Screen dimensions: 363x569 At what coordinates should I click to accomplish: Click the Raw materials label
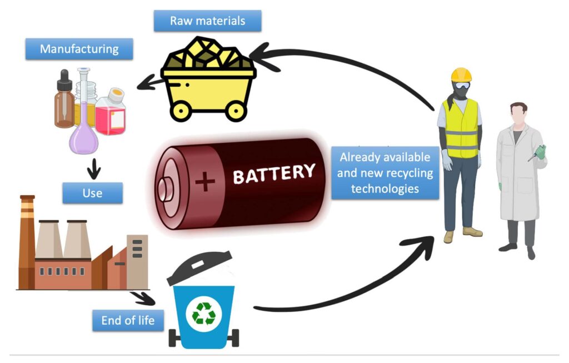(208, 21)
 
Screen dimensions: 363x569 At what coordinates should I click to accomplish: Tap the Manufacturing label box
(79, 49)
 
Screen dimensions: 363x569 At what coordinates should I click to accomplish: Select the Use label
(92, 193)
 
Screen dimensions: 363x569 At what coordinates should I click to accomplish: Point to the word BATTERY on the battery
(274, 173)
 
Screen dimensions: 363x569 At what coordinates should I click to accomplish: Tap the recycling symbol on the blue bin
(203, 313)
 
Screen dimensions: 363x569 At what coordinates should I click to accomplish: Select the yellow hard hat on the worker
(461, 74)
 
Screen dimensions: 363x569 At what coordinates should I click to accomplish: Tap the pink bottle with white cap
(111, 113)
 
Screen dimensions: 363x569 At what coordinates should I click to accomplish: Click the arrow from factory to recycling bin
(146, 298)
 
